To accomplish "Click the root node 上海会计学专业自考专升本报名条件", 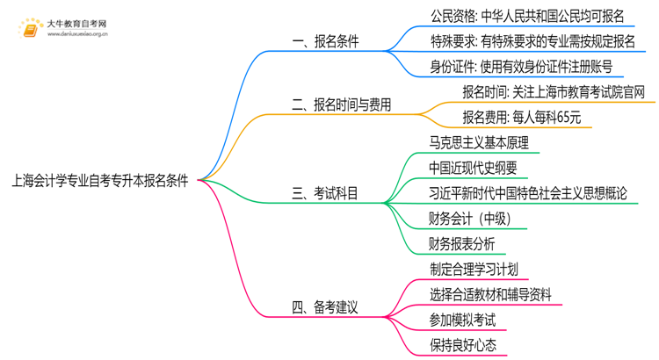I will pyautogui.click(x=100, y=181).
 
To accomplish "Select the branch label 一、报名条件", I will pyautogui.click(x=325, y=41).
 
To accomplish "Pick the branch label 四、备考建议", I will pyautogui.click(x=324, y=306).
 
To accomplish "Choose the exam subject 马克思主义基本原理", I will pyautogui.click(x=479, y=142).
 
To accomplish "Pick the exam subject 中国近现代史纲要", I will pyautogui.click(x=473, y=168).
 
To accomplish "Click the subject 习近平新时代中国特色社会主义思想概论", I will pyautogui.click(x=528, y=193).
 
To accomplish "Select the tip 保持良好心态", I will pyautogui.click(x=463, y=345).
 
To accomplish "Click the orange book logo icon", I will pyautogui.click(x=32, y=29).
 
